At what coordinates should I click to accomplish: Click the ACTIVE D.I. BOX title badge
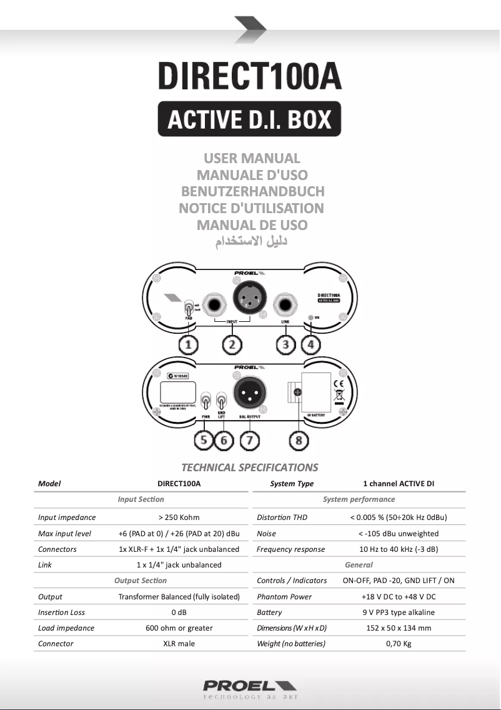pos(249,119)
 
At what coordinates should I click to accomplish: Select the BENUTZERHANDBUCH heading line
pos(252,191)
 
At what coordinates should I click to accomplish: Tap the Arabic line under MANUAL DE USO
pos(252,242)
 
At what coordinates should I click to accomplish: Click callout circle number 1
pos(188,344)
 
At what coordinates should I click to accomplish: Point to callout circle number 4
pos(310,344)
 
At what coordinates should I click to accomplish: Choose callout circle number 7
pos(249,440)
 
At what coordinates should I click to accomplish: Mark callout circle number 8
pos(299,440)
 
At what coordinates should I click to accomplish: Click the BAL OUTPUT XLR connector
pos(249,394)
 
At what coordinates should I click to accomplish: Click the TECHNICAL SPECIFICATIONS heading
pos(249,467)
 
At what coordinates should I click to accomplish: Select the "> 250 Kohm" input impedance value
pos(179,517)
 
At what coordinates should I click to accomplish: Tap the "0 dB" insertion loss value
pos(179,612)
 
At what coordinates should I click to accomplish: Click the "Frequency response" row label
pos(290,549)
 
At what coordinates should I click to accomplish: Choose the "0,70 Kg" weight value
pos(398,644)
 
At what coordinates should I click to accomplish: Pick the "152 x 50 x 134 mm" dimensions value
pos(398,628)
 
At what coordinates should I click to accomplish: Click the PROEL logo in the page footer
pos(249,686)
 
